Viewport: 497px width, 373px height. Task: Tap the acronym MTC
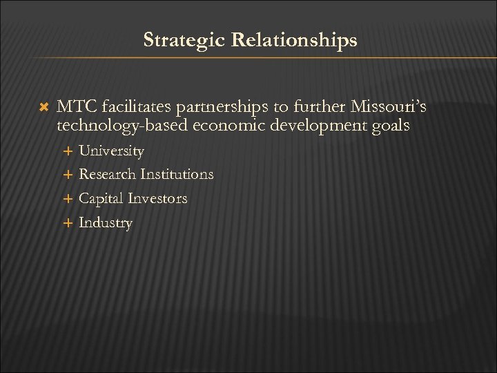[x=77, y=107]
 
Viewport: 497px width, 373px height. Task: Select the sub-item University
[x=111, y=151]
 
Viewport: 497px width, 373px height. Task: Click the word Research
[x=108, y=175]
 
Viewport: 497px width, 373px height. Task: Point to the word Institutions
[x=177, y=175]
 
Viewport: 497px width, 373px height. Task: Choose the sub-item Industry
[x=105, y=223]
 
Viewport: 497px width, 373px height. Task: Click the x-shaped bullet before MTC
[x=45, y=108]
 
